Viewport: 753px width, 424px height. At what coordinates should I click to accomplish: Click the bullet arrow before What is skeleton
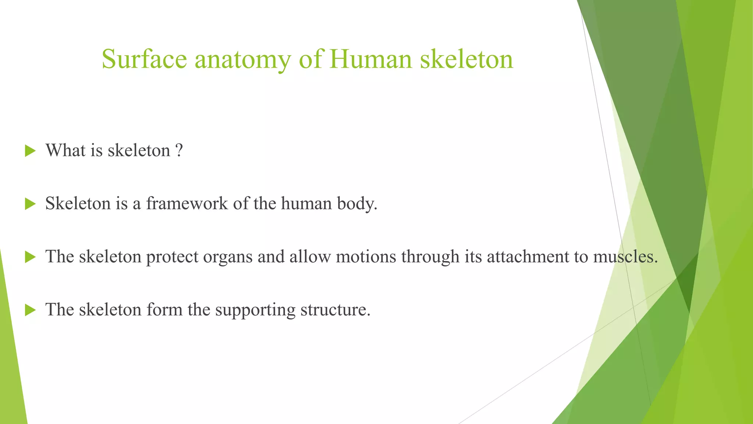pos(30,151)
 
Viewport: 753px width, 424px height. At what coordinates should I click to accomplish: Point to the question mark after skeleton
pos(179,151)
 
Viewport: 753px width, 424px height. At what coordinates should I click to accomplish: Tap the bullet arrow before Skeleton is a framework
pos(30,204)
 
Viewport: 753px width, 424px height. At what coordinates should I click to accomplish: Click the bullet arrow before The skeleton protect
pos(30,257)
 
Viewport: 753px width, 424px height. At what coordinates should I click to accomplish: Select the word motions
pos(366,257)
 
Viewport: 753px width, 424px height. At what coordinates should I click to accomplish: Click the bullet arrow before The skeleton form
pos(30,310)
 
